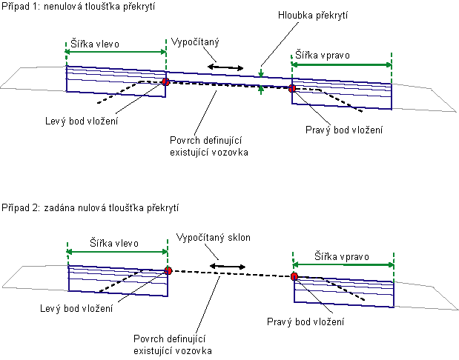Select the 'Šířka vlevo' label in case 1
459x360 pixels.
pos(96,44)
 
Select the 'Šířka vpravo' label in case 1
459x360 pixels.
pos(323,56)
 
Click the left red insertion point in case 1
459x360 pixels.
pos(165,82)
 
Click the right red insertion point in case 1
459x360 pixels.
pos(291,89)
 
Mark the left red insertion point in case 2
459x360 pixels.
pos(168,270)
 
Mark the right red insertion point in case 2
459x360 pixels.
pos(294,276)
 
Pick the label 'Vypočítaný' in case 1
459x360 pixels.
pos(195,42)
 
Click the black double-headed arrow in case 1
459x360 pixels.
pos(225,67)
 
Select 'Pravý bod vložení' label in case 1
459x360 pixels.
pos(344,130)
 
